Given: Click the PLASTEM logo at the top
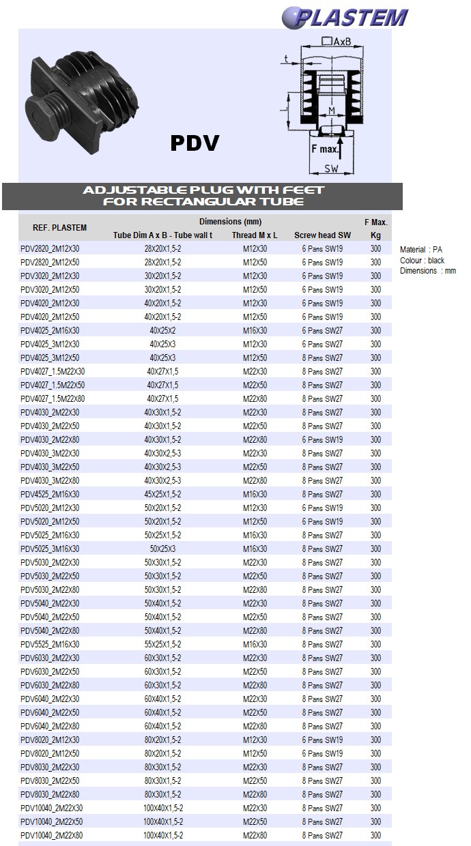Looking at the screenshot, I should point(345,17).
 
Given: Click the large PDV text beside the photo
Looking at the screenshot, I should point(195,143).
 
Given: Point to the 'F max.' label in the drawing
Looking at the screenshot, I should point(325,148).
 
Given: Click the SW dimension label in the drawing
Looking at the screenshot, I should point(331,168).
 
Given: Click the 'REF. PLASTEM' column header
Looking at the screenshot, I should point(60,228).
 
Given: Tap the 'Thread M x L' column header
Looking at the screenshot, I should point(255,235).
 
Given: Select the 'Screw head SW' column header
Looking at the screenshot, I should point(322,235).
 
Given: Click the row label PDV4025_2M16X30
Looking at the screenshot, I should point(50,331).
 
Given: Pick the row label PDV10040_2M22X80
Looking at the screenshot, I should point(52,836).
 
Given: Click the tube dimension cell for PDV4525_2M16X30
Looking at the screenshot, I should point(162,495).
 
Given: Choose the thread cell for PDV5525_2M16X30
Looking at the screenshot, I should point(255,645).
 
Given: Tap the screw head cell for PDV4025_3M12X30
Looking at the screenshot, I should point(322,345).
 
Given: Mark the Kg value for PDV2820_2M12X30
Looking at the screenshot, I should point(375,249).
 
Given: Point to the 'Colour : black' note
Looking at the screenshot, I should point(423,261).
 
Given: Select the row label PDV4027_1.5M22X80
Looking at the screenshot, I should point(53,399).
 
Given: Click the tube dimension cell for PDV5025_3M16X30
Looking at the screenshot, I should point(162,549).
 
